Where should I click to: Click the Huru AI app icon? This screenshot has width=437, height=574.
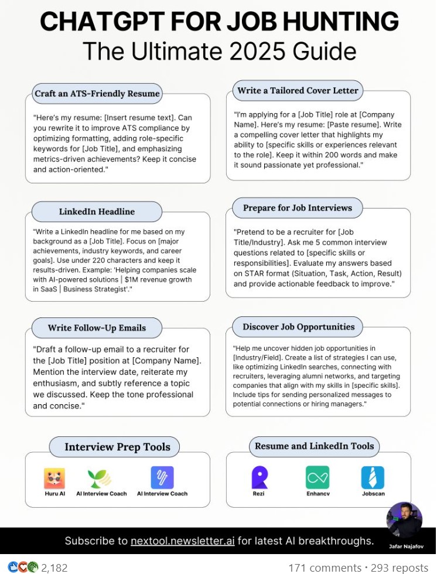54,478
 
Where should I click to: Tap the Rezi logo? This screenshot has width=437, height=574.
259,477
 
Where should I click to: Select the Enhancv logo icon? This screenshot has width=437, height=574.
317,477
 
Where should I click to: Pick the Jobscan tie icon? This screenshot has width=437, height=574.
373,477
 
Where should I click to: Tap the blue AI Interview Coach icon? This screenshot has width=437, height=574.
162,477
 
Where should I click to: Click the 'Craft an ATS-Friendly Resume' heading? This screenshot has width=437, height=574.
97,93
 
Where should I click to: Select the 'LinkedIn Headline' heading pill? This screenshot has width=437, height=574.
97,211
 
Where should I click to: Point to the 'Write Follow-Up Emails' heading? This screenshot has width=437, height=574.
97,327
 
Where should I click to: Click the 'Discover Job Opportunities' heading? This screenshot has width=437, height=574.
299,327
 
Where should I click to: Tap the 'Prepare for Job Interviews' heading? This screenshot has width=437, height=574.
298,208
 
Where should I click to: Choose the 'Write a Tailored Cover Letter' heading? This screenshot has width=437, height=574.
298,90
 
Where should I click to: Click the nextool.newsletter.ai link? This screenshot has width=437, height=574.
183,541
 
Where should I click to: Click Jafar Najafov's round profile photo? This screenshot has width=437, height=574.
404,520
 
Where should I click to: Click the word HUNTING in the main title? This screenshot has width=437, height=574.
340,22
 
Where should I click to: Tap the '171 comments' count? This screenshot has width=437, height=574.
325,568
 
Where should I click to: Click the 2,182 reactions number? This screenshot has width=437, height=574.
54,568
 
